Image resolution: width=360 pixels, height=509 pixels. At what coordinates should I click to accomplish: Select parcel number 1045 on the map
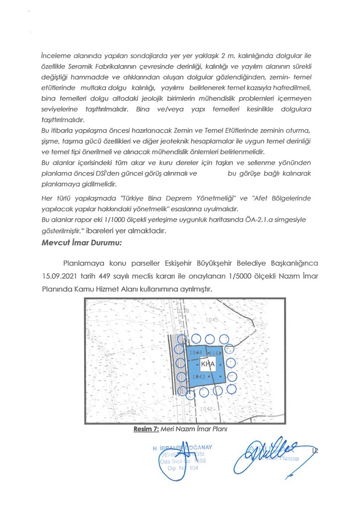click(x=212, y=320)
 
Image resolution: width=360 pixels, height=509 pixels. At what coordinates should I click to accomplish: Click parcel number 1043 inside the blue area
click(x=198, y=377)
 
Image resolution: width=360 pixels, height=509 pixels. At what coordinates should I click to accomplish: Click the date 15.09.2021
click(x=61, y=275)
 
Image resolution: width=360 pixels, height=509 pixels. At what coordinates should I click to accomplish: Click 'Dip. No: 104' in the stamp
click(x=186, y=468)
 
